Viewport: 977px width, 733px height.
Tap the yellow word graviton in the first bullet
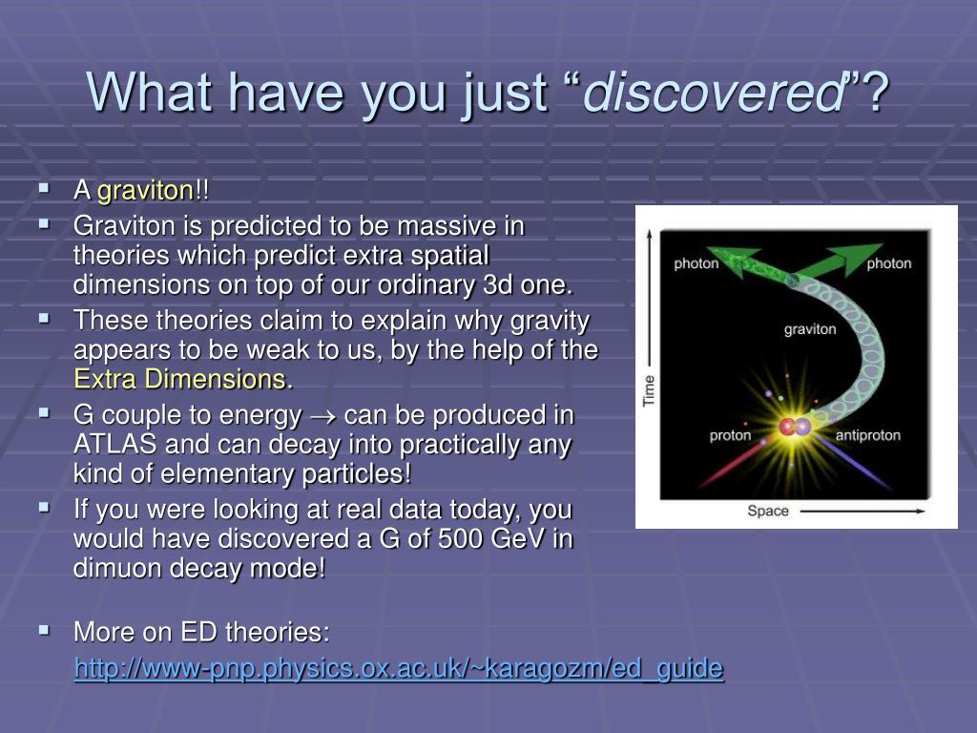(146, 191)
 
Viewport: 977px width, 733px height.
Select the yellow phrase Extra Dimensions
(180, 379)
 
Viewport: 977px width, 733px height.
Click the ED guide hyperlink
(399, 668)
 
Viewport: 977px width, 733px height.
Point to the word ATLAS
(114, 445)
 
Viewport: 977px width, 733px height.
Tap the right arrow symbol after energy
(322, 416)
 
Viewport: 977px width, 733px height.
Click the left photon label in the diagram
(696, 263)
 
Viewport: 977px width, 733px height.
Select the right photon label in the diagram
(889, 263)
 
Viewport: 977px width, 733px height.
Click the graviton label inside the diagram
(810, 329)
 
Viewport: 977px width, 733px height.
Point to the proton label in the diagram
(730, 435)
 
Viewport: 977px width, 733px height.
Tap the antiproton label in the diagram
(868, 435)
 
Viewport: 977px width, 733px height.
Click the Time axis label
(649, 390)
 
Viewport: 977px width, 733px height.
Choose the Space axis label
(768, 512)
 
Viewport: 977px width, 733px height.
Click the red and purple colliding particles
(795, 427)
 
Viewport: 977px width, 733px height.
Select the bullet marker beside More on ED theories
(44, 630)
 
